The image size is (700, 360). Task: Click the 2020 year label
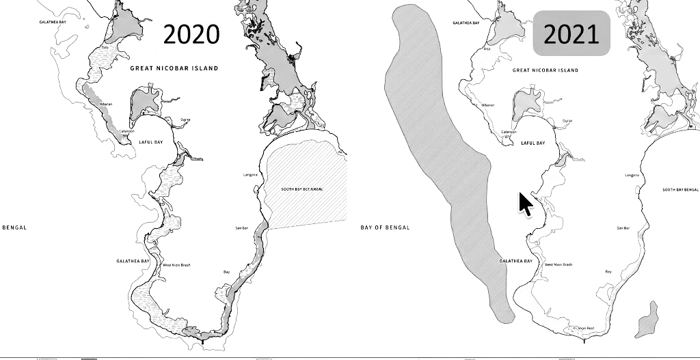coord(191,33)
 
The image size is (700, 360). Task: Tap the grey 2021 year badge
coord(571,33)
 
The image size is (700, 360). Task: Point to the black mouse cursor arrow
coord(524,204)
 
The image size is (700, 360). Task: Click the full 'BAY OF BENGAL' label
coord(385,227)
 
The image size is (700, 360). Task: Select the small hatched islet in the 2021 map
coord(646,320)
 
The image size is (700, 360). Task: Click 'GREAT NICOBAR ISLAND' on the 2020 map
coord(174,68)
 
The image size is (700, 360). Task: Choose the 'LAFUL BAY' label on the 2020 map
coord(151,141)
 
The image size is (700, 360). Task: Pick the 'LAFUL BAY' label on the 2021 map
coord(533,143)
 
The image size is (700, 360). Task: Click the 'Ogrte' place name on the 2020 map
coord(185,120)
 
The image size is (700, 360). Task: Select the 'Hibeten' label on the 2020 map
coord(105,104)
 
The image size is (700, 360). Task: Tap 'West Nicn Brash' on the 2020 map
coord(176,264)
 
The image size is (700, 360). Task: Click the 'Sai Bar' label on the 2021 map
coord(623,228)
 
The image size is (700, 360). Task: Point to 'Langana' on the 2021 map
coord(632,176)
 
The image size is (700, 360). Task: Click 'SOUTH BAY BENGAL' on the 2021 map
coord(681,189)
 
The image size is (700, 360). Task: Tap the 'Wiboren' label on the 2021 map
coord(487,105)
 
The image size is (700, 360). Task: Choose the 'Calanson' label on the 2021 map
coord(508,132)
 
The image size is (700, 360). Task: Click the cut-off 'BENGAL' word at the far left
coord(14,227)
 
